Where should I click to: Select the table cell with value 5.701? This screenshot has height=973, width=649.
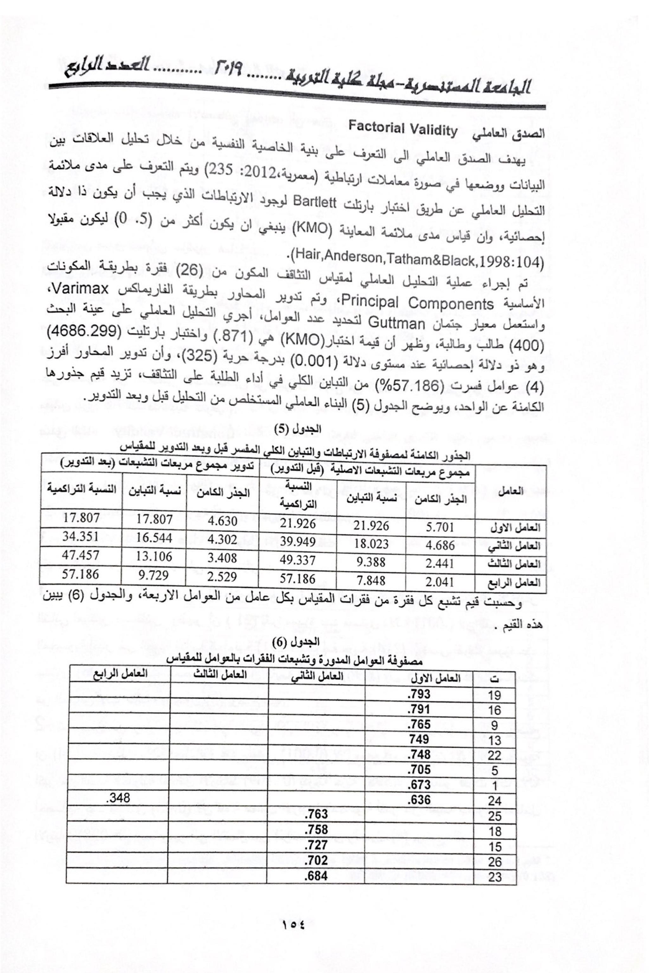440,527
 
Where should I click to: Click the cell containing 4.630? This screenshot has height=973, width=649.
223,520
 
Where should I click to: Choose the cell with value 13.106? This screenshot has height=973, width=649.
154,556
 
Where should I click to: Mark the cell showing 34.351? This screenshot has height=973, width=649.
81,536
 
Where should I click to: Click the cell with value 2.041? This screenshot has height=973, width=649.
440,582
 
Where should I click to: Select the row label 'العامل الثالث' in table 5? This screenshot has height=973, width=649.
515,564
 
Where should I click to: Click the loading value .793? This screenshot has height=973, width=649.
419,694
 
